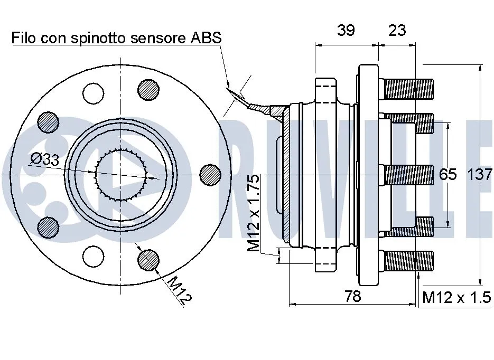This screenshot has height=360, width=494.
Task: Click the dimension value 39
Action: [x=346, y=31]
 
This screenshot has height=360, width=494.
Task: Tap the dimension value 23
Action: [x=397, y=31]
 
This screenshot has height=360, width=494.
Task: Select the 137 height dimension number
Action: [x=480, y=174]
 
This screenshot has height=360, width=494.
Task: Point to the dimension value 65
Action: [x=448, y=174]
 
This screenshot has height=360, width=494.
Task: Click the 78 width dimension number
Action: [x=352, y=296]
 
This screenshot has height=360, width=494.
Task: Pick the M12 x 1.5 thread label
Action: [x=456, y=298]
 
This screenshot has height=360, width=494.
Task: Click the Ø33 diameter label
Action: [x=44, y=159]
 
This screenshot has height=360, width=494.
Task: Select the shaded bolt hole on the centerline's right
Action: [x=210, y=174]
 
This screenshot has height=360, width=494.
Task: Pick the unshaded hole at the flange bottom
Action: [x=94, y=256]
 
